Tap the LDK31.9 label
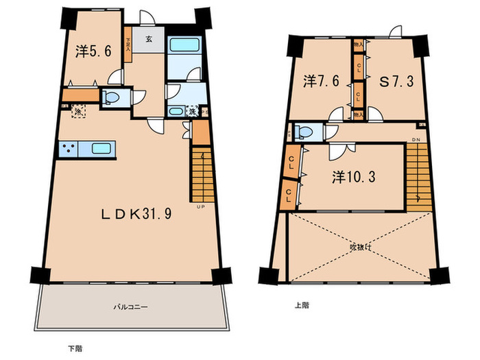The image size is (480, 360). [137, 213]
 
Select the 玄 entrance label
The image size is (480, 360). [148, 39]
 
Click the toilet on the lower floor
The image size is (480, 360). [112, 99]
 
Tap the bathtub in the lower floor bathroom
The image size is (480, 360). [183, 48]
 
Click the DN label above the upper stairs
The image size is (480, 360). [416, 140]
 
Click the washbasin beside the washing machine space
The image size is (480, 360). [177, 111]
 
